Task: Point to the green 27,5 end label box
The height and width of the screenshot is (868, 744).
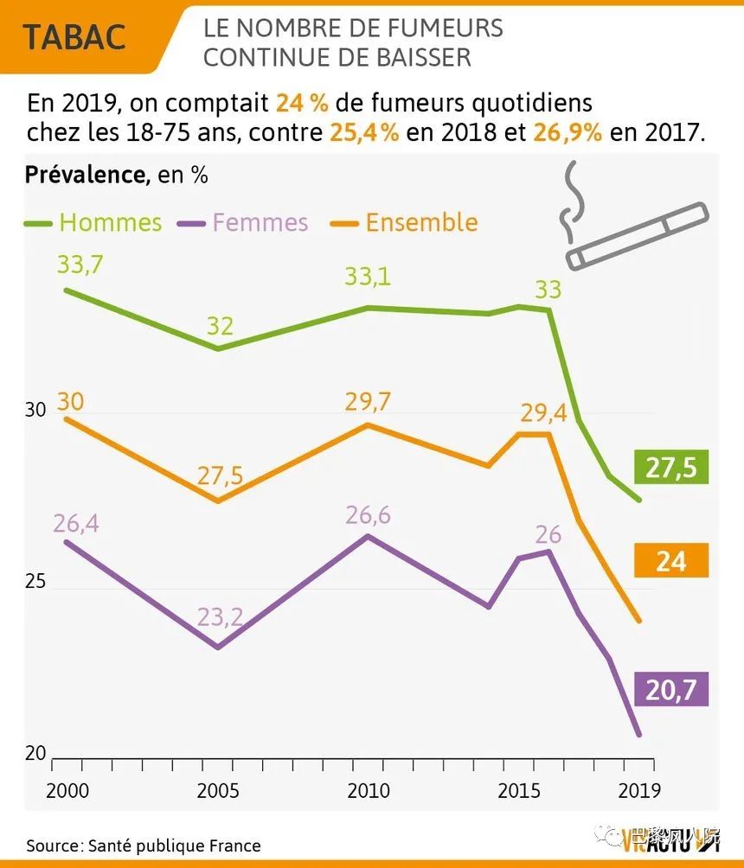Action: pyautogui.click(x=670, y=468)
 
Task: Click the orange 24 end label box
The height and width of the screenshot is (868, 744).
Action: pyautogui.click(x=670, y=561)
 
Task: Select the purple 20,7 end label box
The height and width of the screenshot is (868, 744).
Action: pyautogui.click(x=670, y=690)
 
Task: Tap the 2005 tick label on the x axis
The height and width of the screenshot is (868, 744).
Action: pyautogui.click(x=220, y=790)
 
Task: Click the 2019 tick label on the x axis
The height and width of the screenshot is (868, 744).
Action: pyautogui.click(x=638, y=790)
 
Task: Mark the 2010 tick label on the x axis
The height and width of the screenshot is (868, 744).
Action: pyautogui.click(x=368, y=790)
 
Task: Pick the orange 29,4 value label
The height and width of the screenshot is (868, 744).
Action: pyautogui.click(x=543, y=413)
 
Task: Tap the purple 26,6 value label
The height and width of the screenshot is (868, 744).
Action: pyautogui.click(x=368, y=515)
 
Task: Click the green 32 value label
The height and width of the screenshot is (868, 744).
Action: pyautogui.click(x=220, y=326)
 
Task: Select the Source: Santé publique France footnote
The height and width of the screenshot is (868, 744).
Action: pyautogui.click(x=143, y=846)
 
